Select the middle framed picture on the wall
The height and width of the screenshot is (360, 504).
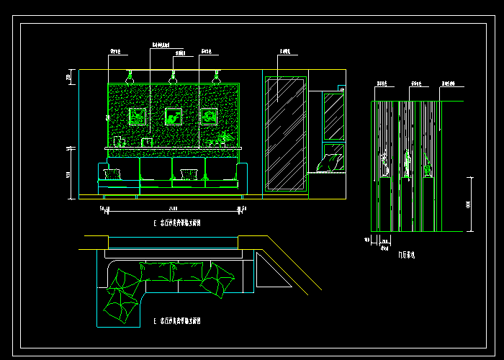click(x=174, y=116)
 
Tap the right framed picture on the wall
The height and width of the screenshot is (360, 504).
click(x=209, y=116)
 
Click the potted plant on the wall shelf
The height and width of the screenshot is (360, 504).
click(x=226, y=138)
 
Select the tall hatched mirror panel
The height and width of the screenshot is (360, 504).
click(x=286, y=133)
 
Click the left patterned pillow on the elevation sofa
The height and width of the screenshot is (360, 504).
click(x=112, y=174)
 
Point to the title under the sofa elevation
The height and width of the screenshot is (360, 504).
click(x=181, y=224)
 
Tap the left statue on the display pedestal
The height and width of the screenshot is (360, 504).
click(x=384, y=164)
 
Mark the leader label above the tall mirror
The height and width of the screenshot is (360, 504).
click(x=284, y=52)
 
